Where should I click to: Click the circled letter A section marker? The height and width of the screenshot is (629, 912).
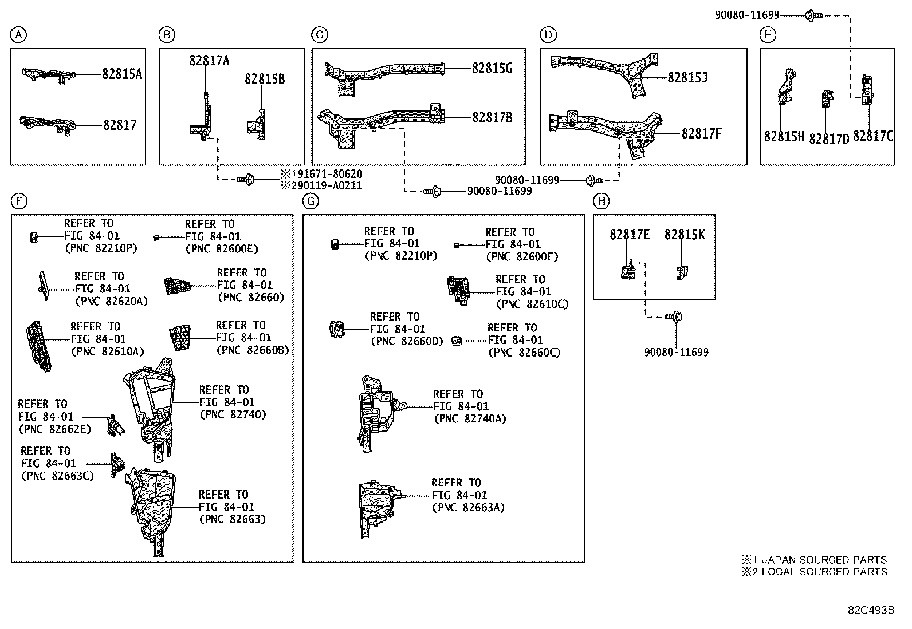pyautogui.click(x=19, y=35)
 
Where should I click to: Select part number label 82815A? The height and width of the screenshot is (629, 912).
pyautogui.click(x=122, y=74)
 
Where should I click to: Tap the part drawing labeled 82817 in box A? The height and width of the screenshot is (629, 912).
pyautogui.click(x=49, y=124)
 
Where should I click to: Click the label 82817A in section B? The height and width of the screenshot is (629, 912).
pyautogui.click(x=209, y=61)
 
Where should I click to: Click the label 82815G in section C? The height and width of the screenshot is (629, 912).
pyautogui.click(x=492, y=68)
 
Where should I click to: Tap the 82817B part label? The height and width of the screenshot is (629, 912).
pyautogui.click(x=492, y=118)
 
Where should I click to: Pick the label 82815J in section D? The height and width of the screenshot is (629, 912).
pyautogui.click(x=687, y=77)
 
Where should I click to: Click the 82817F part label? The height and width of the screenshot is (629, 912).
pyautogui.click(x=701, y=134)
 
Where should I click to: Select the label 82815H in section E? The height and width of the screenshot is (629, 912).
pyautogui.click(x=784, y=137)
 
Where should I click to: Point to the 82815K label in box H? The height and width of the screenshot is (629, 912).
pyautogui.click(x=685, y=235)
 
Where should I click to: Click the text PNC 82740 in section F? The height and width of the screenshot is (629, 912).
pyautogui.click(x=233, y=414)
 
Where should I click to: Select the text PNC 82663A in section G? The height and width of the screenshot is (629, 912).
pyautogui.click(x=469, y=507)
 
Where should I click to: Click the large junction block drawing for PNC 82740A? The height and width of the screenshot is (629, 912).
pyautogui.click(x=375, y=412)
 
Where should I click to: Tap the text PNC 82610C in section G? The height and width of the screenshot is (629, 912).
pyautogui.click(x=532, y=304)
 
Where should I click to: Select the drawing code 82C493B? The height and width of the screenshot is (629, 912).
pyautogui.click(x=871, y=610)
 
